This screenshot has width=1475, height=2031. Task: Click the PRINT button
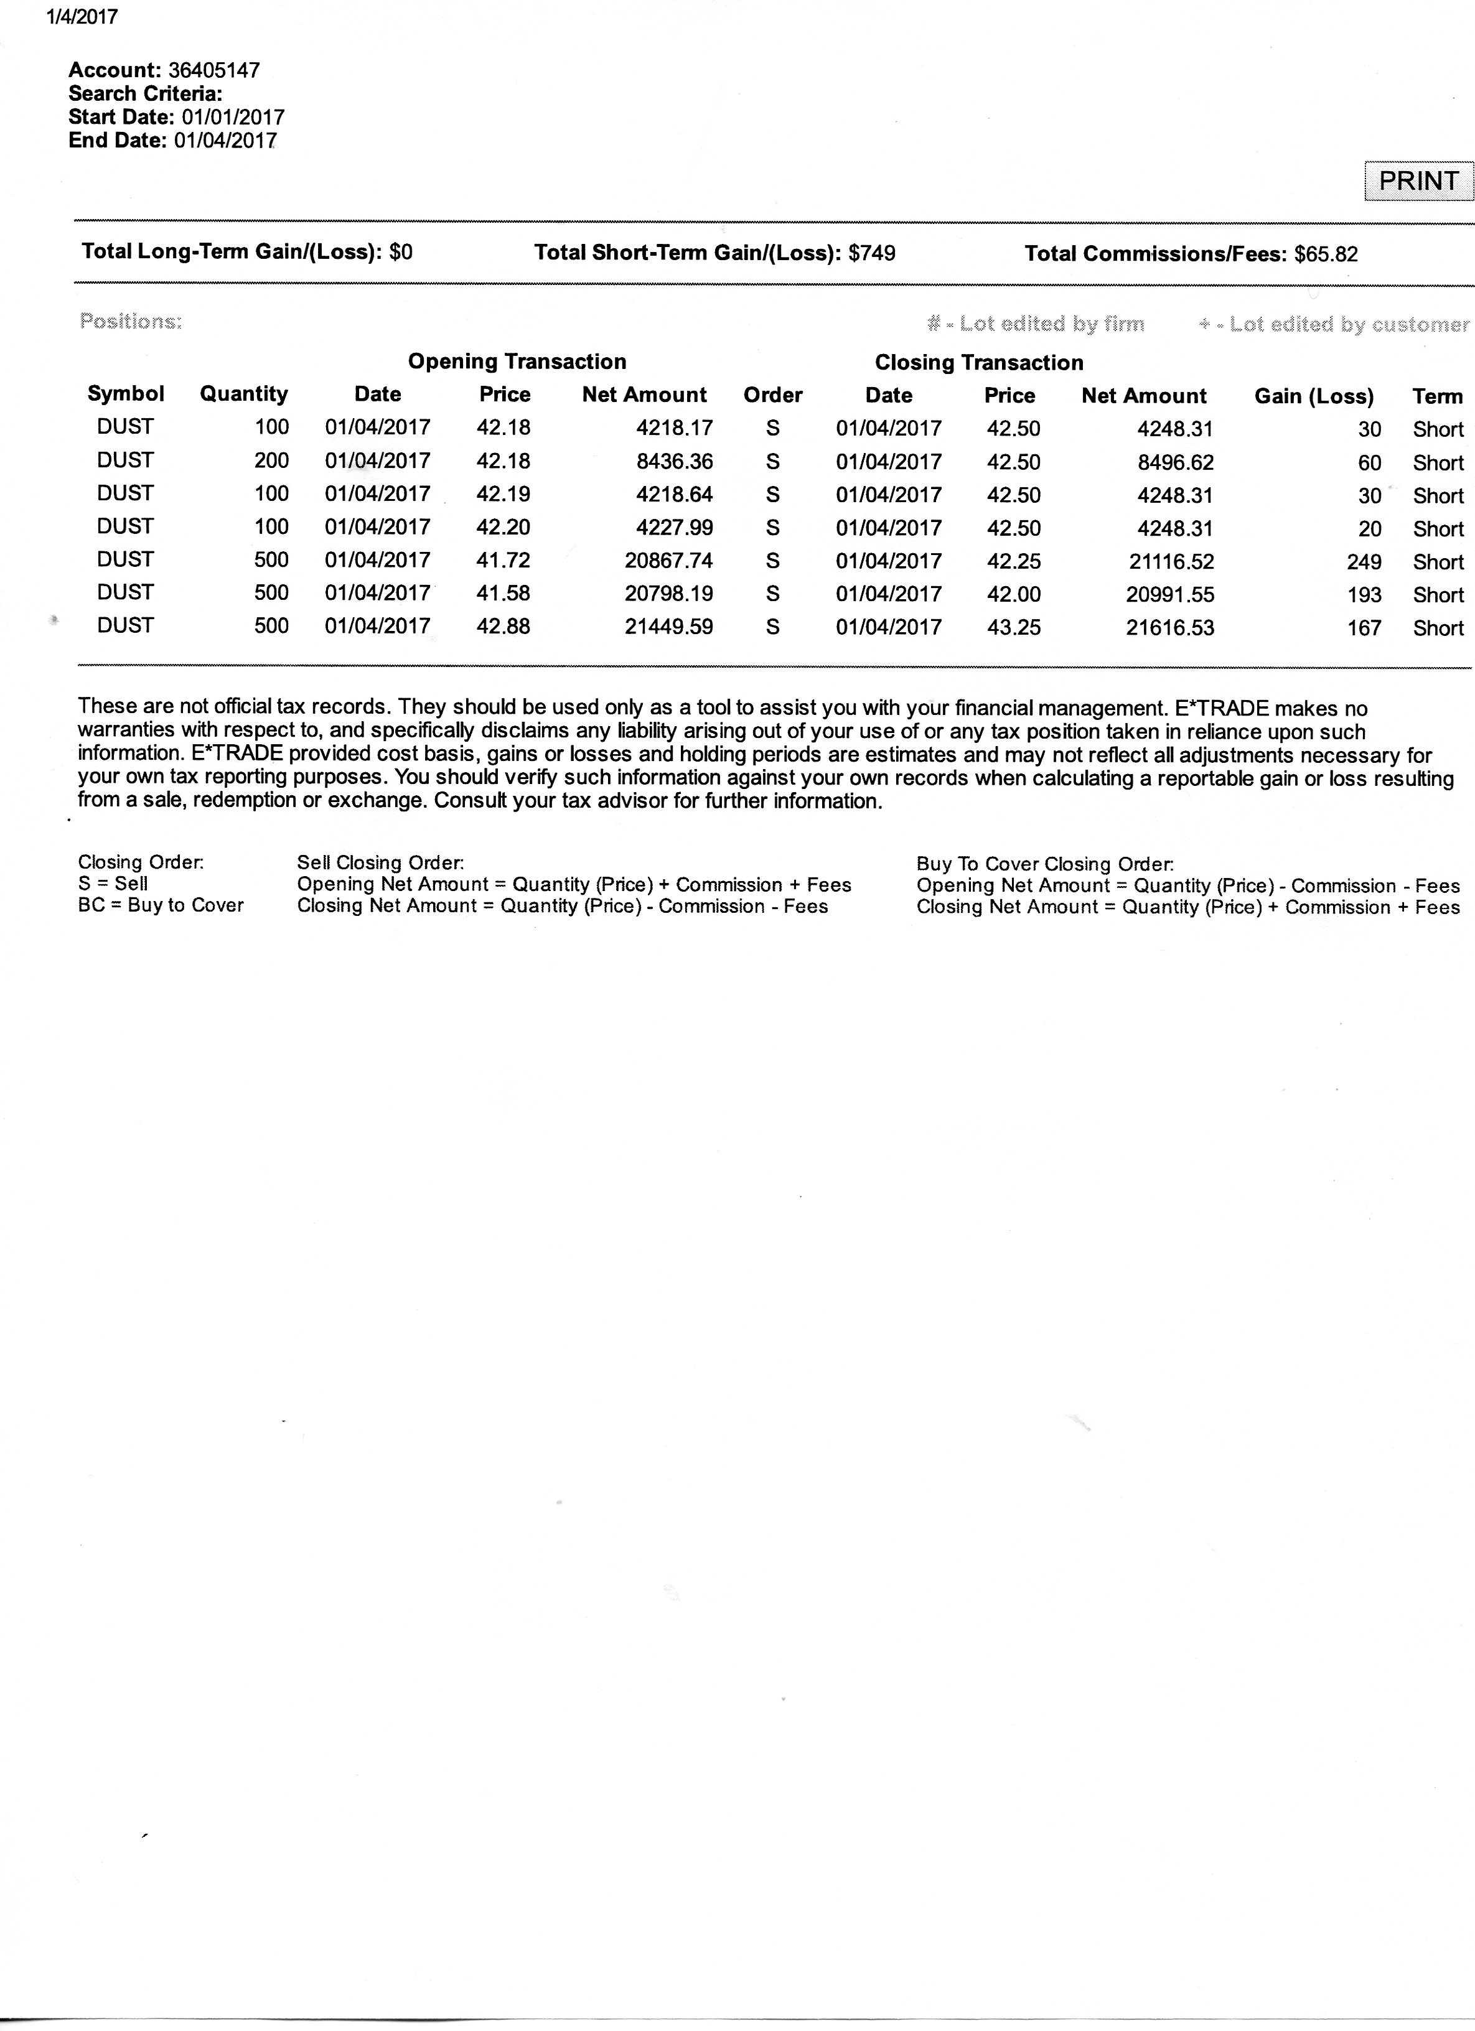click(1418, 181)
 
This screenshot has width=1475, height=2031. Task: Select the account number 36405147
click(214, 71)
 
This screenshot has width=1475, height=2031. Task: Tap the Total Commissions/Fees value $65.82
click(1326, 254)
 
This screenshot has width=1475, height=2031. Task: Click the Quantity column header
click(243, 394)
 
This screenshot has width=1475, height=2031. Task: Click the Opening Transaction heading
click(517, 362)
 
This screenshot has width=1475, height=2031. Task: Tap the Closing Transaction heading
click(979, 363)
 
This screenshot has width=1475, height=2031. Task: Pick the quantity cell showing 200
click(271, 461)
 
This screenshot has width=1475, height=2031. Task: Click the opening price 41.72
click(503, 561)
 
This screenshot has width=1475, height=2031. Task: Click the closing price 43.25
click(1013, 628)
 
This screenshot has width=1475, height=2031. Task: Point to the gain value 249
click(1364, 563)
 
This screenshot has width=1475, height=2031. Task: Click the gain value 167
click(1364, 628)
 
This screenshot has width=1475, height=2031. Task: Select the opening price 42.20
click(503, 528)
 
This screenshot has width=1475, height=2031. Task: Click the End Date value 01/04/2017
click(225, 141)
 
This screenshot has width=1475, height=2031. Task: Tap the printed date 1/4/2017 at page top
click(82, 17)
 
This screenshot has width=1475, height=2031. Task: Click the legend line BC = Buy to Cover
click(161, 905)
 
